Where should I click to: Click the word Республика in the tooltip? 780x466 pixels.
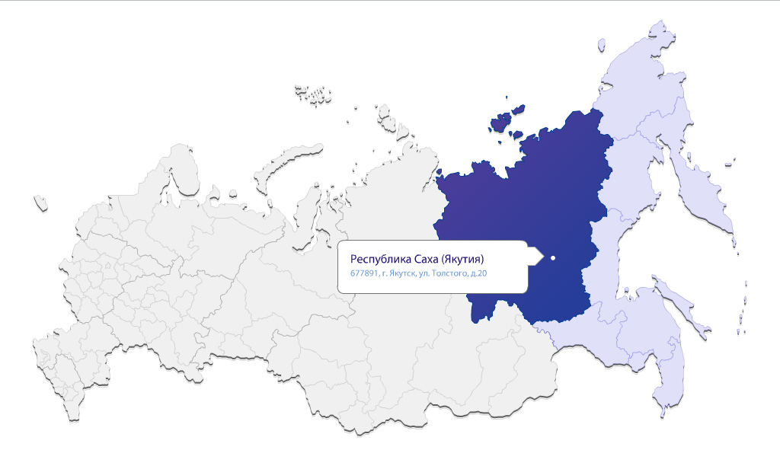(376, 257)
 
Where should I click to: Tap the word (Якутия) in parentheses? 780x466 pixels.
(461, 257)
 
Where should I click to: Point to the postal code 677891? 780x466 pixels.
(363, 273)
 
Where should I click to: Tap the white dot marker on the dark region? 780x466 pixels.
(552, 258)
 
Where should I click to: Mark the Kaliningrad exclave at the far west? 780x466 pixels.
(40, 203)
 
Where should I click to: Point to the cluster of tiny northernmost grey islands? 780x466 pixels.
(312, 94)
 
